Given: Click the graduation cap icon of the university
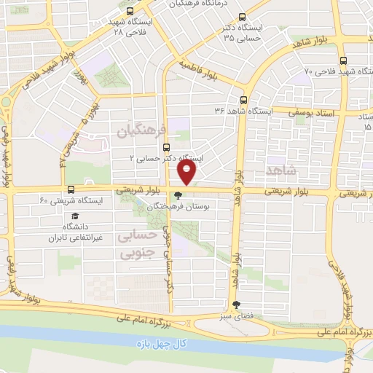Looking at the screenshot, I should pos(74,216).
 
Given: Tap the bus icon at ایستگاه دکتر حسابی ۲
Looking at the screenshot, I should pos(166,146).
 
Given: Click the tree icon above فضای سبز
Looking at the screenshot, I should pos(235,305).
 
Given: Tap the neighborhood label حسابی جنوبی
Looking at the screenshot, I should pos(136,245).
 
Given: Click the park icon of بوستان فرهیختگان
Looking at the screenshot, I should pos(178,195).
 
